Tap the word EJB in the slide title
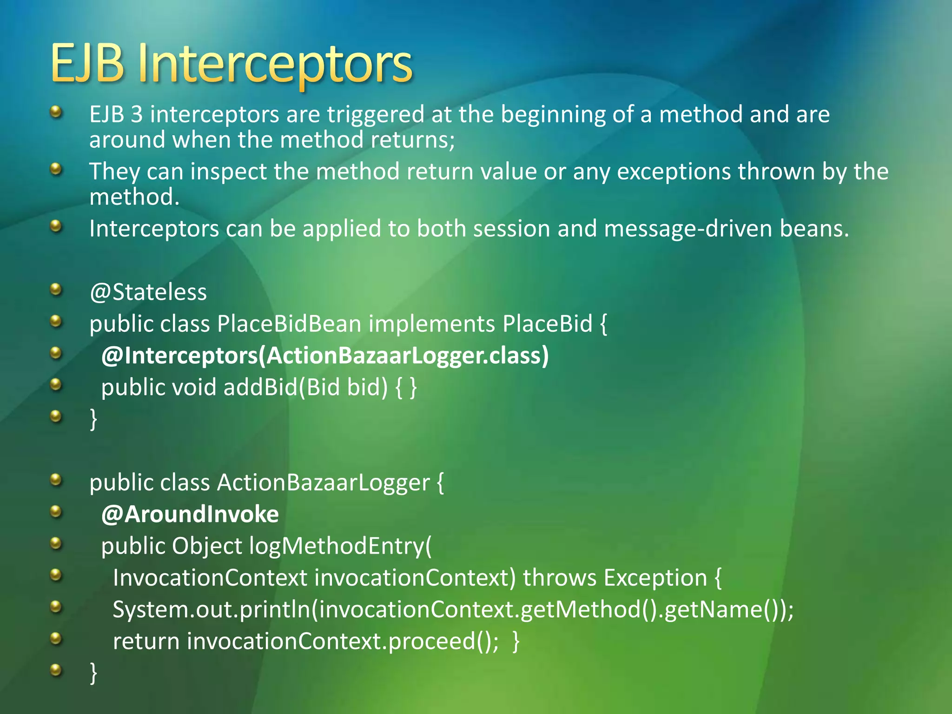[x=87, y=64]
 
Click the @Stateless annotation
[x=148, y=292]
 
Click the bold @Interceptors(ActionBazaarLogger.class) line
[x=325, y=356]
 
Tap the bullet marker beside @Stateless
[x=56, y=290]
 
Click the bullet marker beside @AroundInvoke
[x=56, y=512]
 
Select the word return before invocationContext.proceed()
[x=146, y=641]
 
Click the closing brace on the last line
[x=93, y=673]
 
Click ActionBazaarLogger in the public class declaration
[x=324, y=483]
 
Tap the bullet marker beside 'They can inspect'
[x=56, y=169]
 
